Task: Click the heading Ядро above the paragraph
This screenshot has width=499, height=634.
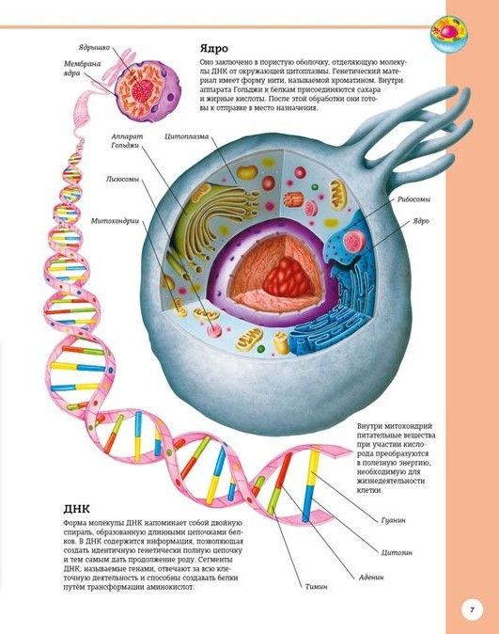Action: point(213,49)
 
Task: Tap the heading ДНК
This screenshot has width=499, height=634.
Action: point(77,508)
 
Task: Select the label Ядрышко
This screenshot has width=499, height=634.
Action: point(94,48)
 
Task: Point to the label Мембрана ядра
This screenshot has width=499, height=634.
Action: point(82,69)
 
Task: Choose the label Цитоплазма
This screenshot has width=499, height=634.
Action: point(187,136)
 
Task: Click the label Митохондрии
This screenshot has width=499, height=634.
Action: point(116,221)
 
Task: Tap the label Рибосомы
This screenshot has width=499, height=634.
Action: point(413,199)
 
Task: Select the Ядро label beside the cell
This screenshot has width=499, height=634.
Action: point(421,221)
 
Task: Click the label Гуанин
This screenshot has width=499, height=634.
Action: point(393,520)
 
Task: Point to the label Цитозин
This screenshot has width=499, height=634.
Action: point(397,552)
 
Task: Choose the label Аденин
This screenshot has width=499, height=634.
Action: point(371,578)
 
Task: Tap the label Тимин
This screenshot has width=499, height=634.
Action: point(316,586)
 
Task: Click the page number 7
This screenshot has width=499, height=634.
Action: point(472,610)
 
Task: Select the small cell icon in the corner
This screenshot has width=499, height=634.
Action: point(449,33)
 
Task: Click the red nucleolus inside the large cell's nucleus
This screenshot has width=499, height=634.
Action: point(288,277)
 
